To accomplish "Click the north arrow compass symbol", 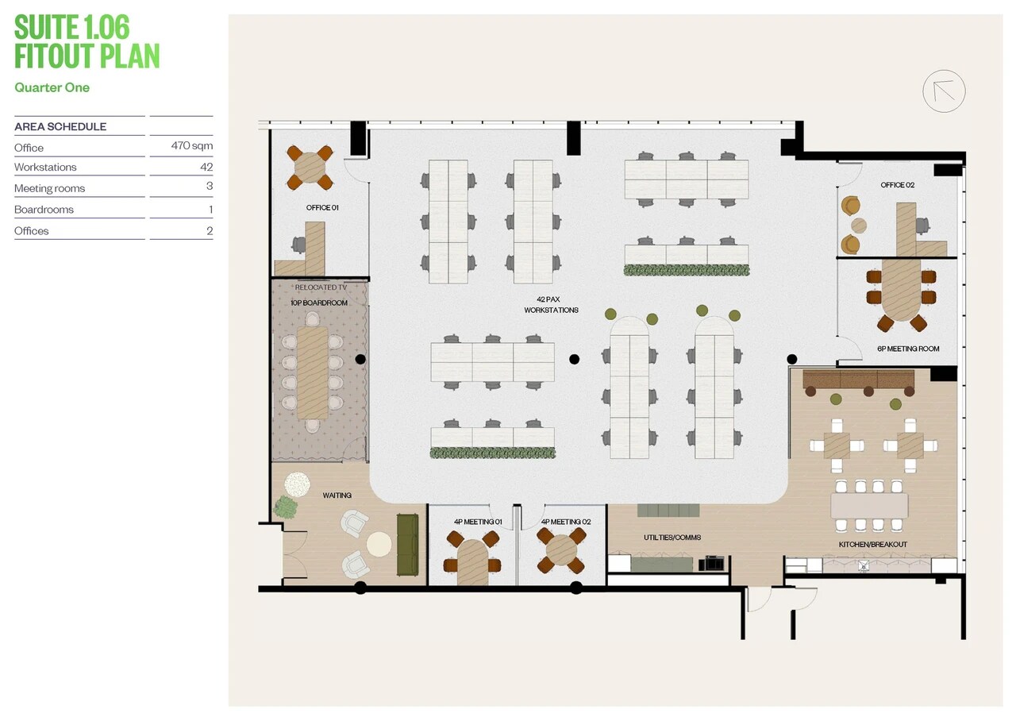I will (944, 91).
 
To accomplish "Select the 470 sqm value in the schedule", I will (192, 146).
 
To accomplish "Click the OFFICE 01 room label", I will (322, 208).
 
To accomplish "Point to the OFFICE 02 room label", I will (897, 185).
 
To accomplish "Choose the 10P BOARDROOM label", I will (319, 303).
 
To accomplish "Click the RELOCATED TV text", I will (321, 287).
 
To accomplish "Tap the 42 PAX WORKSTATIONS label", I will (551, 305).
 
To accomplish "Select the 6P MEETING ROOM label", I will (908, 349).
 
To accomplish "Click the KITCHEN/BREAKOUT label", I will (872, 545).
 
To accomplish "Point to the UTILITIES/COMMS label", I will (672, 538).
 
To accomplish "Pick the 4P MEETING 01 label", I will (478, 522).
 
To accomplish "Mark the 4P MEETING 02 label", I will (565, 522).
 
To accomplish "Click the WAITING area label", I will (337, 495).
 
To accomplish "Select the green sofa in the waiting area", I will (407, 544).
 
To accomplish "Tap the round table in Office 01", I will (310, 168).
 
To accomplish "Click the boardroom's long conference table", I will (312, 373).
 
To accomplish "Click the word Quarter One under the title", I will (52, 87).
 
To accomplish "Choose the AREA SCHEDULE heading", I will (60, 126).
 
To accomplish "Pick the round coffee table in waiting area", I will (379, 544).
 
